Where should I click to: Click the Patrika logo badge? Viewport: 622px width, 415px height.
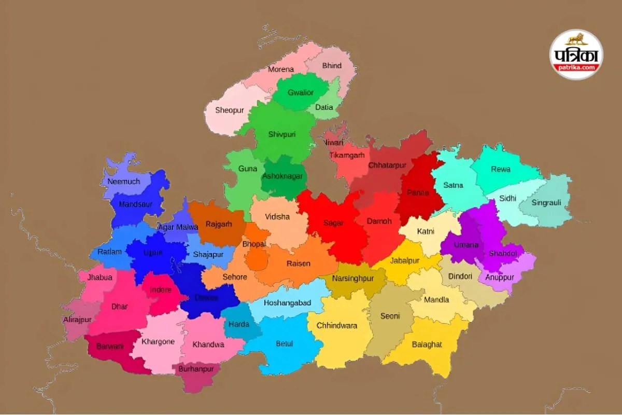(x=576, y=54)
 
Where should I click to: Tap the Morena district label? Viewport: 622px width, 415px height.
(x=281, y=70)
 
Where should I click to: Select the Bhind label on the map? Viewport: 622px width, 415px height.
(x=332, y=66)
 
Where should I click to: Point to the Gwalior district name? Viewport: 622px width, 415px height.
(x=301, y=93)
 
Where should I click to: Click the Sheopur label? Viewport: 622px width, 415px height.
(x=228, y=110)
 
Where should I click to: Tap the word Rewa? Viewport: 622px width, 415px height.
(x=501, y=169)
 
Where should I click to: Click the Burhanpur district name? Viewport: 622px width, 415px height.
(x=196, y=369)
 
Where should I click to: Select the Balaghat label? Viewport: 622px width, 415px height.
(x=427, y=344)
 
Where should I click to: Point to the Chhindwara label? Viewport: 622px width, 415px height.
(x=340, y=326)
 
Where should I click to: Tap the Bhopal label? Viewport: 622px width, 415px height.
(x=254, y=244)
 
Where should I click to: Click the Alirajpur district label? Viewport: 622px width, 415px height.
(x=77, y=320)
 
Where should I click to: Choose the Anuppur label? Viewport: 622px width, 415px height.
(x=500, y=278)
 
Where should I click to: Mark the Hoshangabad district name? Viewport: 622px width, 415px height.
(x=287, y=303)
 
